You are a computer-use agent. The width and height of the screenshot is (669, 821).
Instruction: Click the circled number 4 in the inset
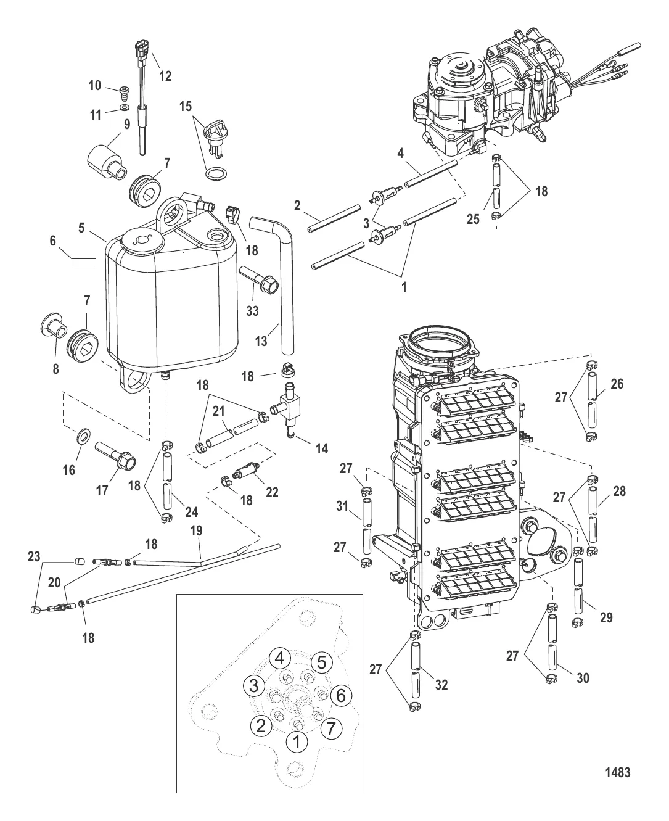(x=279, y=658)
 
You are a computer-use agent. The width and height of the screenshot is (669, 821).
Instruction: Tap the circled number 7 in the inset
(x=330, y=729)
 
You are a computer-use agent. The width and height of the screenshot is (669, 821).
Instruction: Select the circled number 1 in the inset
(x=297, y=742)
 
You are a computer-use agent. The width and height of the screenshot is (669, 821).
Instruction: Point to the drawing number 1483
(x=618, y=772)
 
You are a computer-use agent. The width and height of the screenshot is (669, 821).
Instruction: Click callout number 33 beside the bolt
(x=252, y=311)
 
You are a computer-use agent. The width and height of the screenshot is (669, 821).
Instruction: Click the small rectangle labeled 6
(x=84, y=263)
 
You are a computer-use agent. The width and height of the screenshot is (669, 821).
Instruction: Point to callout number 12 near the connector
(x=165, y=76)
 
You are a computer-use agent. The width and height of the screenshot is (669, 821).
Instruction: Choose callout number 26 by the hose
(x=617, y=384)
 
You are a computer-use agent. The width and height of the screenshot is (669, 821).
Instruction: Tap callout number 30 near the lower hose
(x=583, y=678)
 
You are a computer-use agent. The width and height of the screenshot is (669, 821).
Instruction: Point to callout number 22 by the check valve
(x=272, y=492)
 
